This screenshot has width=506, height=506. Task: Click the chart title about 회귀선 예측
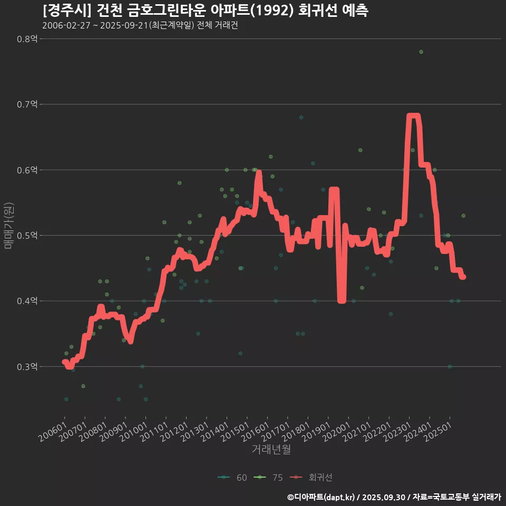click(205, 11)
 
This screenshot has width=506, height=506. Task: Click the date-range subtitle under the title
click(140, 26)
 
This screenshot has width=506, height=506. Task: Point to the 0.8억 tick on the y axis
click(27, 38)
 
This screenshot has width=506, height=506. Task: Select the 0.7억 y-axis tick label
click(27, 104)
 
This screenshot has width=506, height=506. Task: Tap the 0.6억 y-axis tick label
click(27, 170)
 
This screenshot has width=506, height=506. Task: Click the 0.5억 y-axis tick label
click(27, 235)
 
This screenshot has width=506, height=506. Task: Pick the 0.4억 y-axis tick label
click(27, 301)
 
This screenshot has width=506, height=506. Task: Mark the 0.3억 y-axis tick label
click(27, 366)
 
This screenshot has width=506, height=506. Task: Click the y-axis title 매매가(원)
click(8, 225)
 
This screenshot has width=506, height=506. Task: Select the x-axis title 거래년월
click(271, 449)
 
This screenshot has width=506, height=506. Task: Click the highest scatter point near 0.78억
click(421, 52)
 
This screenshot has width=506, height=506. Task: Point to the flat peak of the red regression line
click(413, 116)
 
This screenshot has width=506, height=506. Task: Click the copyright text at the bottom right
click(394, 497)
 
